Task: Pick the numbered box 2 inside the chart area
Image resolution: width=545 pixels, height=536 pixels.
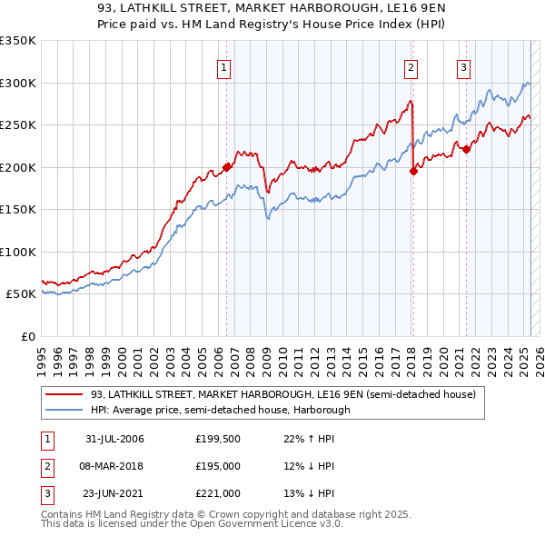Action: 411,66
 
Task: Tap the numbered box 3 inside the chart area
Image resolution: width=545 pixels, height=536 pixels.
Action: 463,66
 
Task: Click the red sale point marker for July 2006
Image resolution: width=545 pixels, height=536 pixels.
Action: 226,168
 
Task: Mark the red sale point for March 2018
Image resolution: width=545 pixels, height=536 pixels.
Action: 413,171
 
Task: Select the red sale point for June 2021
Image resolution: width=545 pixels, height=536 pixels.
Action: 466,150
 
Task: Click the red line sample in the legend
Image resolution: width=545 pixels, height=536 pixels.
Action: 64,394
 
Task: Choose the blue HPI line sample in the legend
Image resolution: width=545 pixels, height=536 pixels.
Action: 64,410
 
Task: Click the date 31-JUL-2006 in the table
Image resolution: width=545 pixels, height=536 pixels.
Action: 114,439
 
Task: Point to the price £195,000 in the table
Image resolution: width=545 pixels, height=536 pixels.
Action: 218,466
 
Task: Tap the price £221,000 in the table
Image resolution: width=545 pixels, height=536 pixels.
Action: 218,493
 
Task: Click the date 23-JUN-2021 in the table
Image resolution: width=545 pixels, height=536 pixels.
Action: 114,493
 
